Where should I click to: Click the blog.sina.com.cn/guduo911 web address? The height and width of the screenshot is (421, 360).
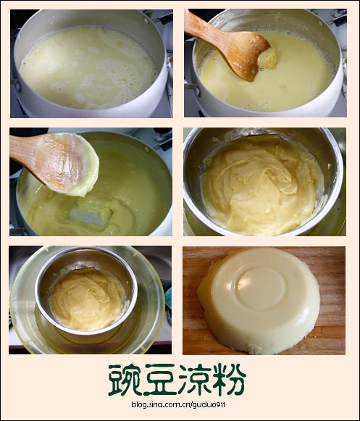tap(178, 404)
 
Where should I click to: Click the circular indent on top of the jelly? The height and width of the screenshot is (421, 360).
tap(261, 287)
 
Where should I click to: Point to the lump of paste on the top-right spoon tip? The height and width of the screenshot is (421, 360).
tap(267, 58)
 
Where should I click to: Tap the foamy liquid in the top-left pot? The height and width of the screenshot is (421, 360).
tap(88, 67)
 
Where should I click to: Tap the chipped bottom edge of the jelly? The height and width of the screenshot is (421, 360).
tap(254, 349)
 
